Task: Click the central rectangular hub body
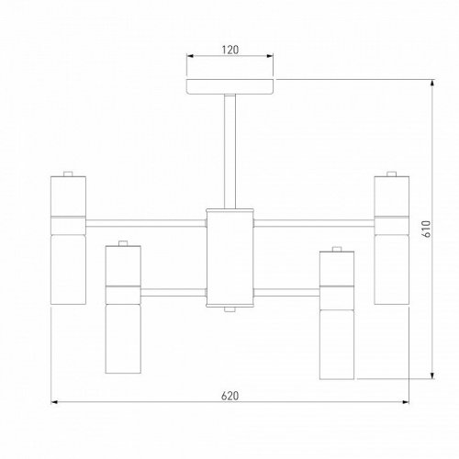pos(229,256)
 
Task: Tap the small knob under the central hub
pos(229,309)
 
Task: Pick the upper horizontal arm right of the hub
pos(312,220)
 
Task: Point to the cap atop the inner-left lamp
pos(121,244)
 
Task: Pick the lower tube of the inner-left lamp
pos(121,340)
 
